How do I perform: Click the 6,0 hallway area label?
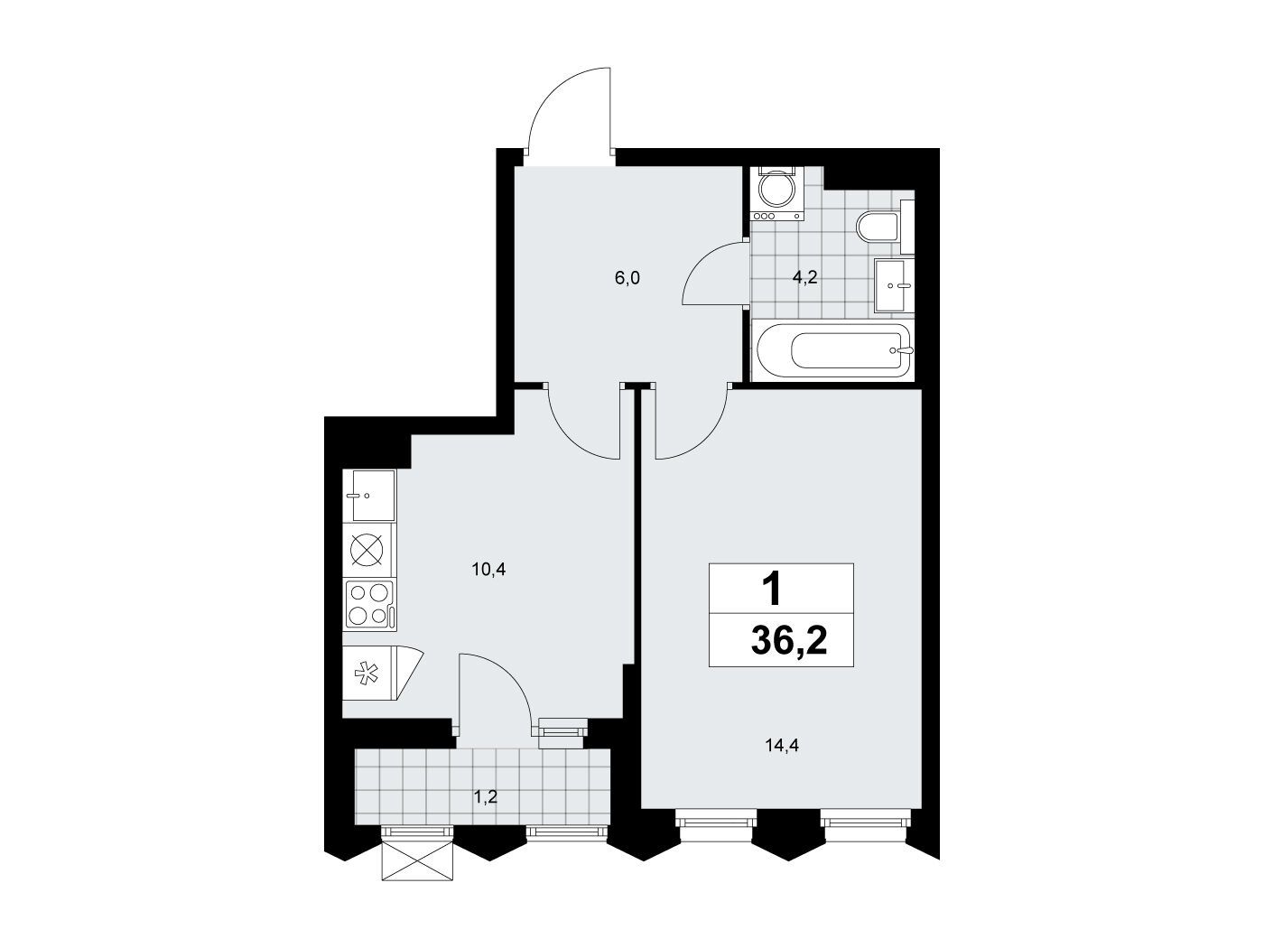(x=627, y=278)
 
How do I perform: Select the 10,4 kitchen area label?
(x=488, y=570)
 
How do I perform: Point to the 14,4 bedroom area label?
(x=782, y=746)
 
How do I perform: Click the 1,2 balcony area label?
(x=485, y=797)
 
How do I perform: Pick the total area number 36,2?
(x=789, y=641)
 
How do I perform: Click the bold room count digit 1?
(x=771, y=590)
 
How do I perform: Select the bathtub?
(x=833, y=350)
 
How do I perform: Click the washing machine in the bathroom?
(x=776, y=193)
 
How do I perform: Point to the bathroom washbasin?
(x=894, y=285)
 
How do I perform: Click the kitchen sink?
(x=369, y=495)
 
